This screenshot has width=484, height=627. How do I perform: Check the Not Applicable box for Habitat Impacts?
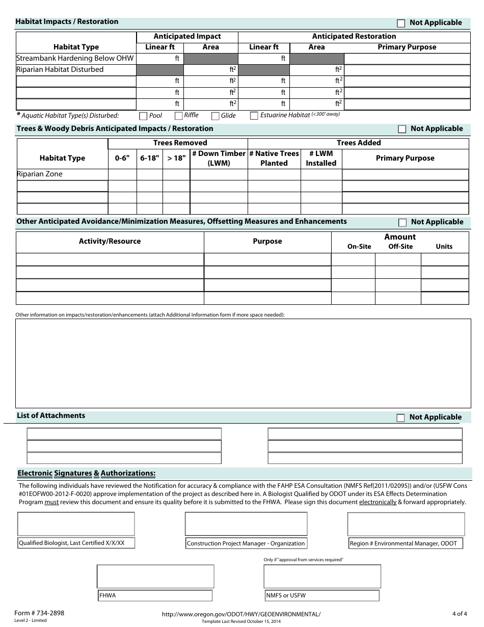click(401, 23)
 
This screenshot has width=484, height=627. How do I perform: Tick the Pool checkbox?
click(143, 116)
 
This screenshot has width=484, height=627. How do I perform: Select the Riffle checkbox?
click(178, 116)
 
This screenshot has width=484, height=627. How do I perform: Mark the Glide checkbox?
click(215, 116)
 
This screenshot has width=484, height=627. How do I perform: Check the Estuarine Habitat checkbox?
click(254, 116)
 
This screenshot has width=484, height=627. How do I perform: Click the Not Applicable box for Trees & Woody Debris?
click(401, 129)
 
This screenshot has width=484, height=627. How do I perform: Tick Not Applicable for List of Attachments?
click(401, 417)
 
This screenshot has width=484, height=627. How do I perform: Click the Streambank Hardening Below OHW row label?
click(75, 58)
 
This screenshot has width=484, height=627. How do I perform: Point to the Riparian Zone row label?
click(40, 174)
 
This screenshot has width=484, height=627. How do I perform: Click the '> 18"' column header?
click(176, 158)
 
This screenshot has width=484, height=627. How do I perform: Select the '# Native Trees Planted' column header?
click(274, 158)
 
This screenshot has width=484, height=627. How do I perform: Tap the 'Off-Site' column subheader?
click(400, 246)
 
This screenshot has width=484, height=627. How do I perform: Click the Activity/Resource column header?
click(110, 241)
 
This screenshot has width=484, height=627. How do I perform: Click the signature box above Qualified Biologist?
click(76, 524)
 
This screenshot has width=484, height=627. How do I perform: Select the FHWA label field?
click(155, 595)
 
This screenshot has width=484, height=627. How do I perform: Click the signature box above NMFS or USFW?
click(322, 577)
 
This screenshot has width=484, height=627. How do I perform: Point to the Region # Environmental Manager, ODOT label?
click(406, 543)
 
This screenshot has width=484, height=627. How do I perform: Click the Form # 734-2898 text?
click(40, 613)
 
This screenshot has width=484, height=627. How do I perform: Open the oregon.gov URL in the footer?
click(241, 614)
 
